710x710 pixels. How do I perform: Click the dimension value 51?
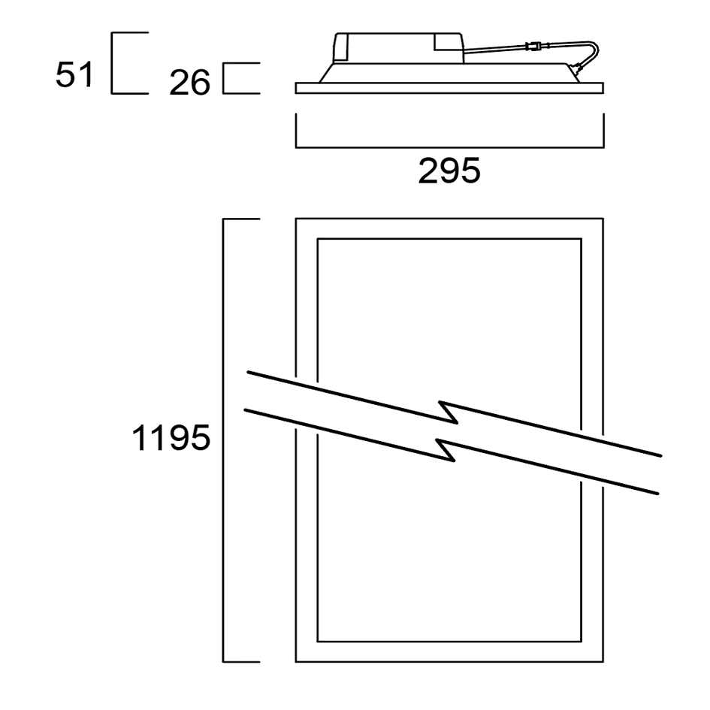pos(74,76)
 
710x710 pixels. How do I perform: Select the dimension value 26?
pos(190,83)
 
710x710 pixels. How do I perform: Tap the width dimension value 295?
pos(449,172)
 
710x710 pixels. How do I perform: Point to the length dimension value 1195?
pos(171,438)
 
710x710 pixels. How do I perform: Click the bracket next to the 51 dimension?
pos(113,63)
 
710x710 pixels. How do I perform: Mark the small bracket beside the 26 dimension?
pos(225,79)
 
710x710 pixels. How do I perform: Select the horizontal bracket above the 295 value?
pos(449,146)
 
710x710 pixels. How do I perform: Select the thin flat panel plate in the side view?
pos(449,88)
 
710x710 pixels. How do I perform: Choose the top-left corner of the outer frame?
pos(296,219)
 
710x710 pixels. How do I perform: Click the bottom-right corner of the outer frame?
pos(603,662)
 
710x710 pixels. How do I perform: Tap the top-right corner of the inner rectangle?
pos(582,240)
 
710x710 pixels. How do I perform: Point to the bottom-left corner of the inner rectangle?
pos(318,642)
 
